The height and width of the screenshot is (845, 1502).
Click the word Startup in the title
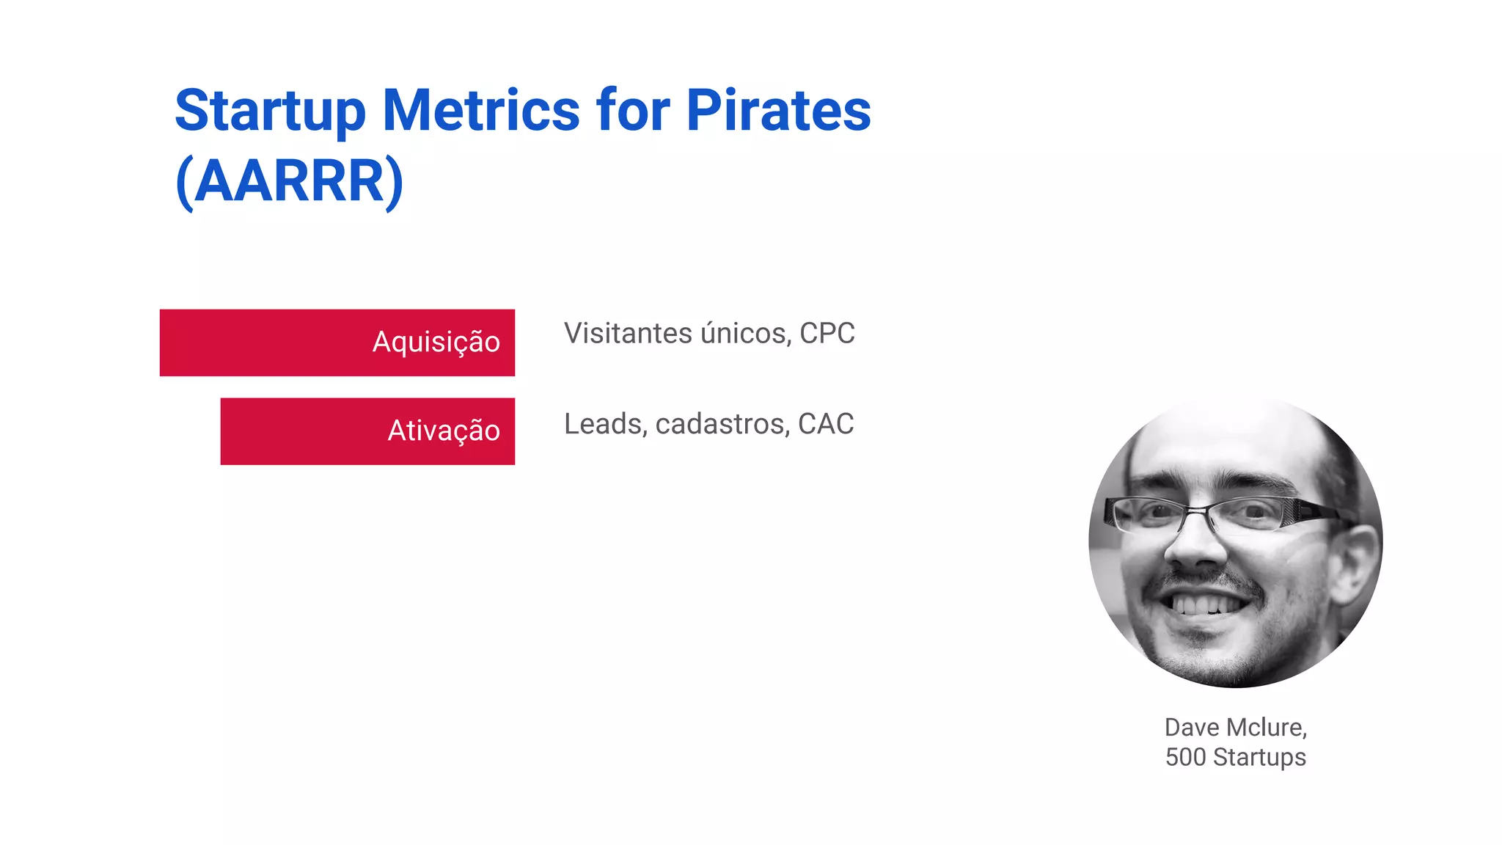click(x=270, y=111)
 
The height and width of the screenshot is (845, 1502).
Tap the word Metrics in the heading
click(x=481, y=110)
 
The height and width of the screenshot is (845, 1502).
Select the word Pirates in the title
click(x=778, y=110)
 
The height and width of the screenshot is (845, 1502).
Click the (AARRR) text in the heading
click(x=289, y=181)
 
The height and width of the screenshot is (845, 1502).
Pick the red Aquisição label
click(x=436, y=343)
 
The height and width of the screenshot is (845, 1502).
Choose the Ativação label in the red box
click(x=443, y=431)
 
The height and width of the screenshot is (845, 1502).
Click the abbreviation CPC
click(x=827, y=334)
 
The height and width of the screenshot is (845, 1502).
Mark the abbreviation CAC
click(x=826, y=424)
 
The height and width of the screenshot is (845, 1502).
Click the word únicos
click(x=746, y=334)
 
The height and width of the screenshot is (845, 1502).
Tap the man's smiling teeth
click(x=1206, y=605)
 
